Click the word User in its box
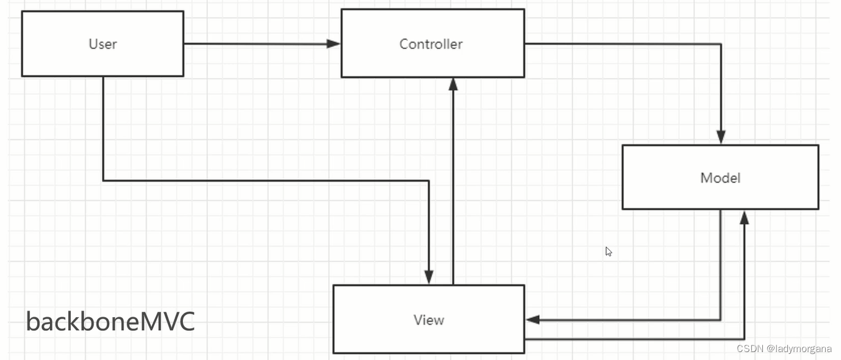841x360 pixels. coord(102,44)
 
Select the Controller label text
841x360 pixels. coord(431,44)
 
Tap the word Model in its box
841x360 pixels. coord(720,178)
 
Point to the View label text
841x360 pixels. coord(428,320)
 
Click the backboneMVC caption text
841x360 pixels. coord(110,322)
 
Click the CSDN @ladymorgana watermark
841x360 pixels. coord(784,349)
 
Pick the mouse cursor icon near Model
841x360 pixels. coord(608,251)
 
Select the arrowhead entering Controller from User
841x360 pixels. coord(334,43)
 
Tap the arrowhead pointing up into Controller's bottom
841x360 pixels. coord(453,85)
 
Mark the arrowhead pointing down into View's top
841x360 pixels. coord(429,277)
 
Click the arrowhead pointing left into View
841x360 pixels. coord(532,320)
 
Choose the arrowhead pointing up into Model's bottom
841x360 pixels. coord(744,217)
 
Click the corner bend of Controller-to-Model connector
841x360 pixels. coord(721,44)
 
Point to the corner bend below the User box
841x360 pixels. coord(103,181)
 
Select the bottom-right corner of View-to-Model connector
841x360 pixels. coord(744,339)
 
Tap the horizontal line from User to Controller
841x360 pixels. coord(256,43)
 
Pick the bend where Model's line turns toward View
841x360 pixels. coord(720,320)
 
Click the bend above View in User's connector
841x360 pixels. coord(429,181)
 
